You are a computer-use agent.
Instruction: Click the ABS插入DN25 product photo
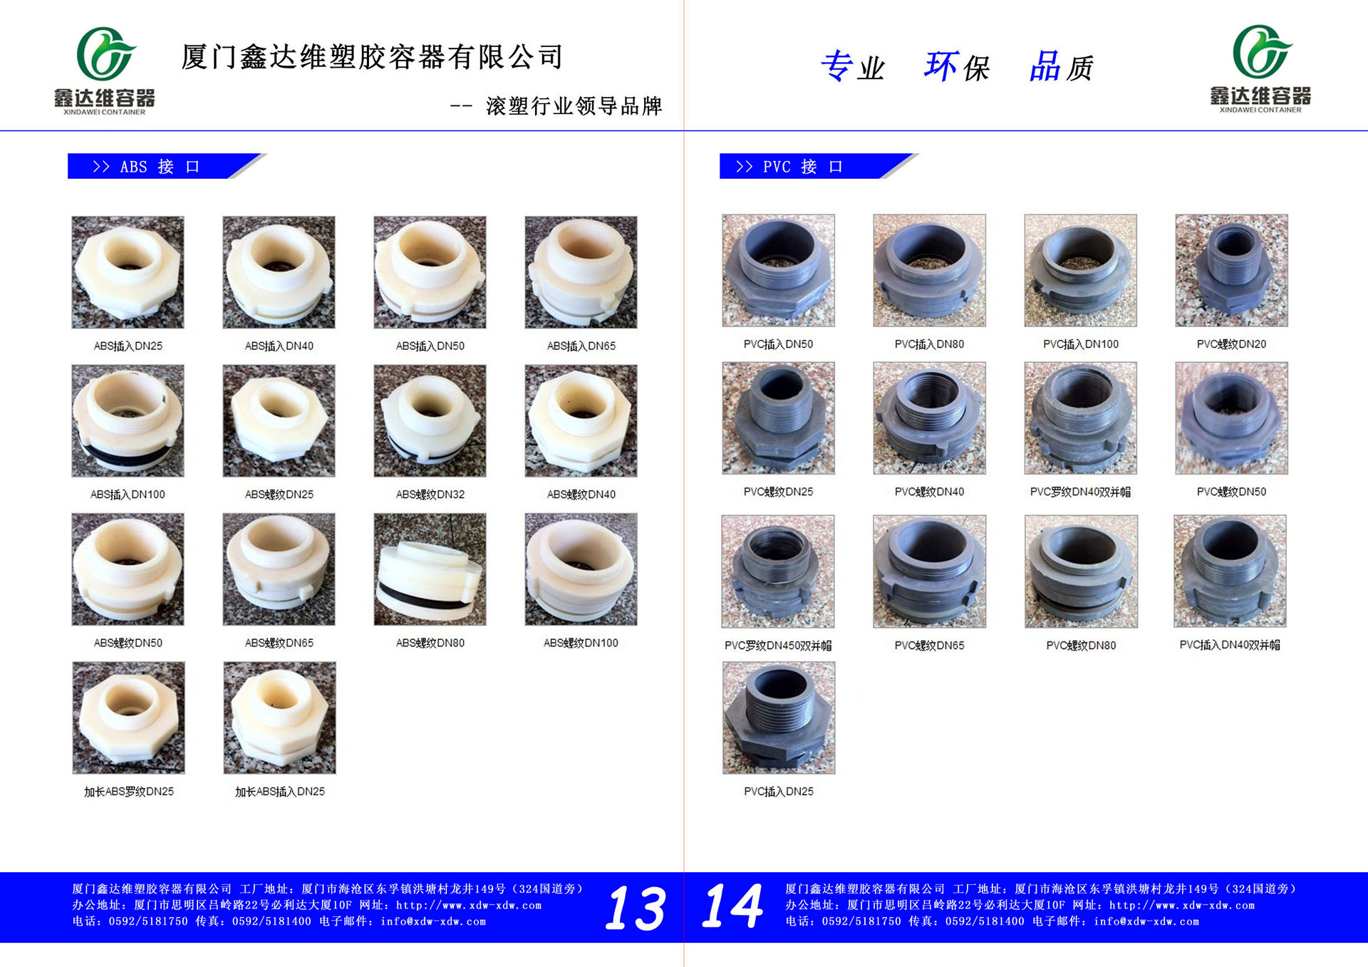(x=128, y=272)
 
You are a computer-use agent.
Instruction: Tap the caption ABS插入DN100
(x=128, y=495)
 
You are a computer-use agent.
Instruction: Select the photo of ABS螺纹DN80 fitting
(x=430, y=569)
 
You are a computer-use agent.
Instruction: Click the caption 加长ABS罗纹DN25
(x=129, y=792)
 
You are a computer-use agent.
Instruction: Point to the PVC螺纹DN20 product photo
(x=1231, y=271)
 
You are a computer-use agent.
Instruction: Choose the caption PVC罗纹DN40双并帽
(x=1080, y=492)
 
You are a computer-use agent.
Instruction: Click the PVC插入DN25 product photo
(x=779, y=718)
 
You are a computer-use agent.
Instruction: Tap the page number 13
(x=636, y=908)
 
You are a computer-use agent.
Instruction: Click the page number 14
(x=732, y=906)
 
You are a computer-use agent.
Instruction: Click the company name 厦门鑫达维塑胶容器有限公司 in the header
(x=372, y=57)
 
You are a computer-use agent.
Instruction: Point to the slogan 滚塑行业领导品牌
(x=574, y=106)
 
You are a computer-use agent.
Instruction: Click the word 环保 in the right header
(x=957, y=67)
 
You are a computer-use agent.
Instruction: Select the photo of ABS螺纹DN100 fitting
(x=581, y=569)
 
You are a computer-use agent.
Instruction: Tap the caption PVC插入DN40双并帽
(x=1230, y=645)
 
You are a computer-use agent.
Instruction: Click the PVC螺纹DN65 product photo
(x=930, y=572)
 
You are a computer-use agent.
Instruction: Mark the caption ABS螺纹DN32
(x=430, y=495)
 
